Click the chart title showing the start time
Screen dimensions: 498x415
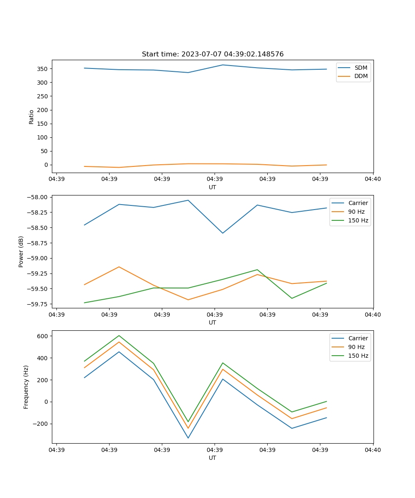coord(212,54)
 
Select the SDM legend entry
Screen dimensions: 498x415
coord(361,68)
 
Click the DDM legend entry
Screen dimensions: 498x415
coord(361,76)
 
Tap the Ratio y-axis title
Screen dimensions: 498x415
coord(32,117)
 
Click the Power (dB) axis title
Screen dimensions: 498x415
coord(21,251)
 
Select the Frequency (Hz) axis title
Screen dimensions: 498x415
coord(26,387)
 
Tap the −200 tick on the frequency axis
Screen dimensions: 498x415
coord(41,424)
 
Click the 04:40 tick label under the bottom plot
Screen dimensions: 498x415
coord(373,450)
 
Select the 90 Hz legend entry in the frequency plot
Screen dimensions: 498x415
coord(356,347)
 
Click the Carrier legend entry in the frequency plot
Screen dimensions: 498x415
coord(358,338)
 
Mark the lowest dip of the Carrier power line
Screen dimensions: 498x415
coord(223,233)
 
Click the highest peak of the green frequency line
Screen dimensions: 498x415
coord(119,335)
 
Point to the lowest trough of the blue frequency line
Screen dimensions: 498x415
coord(188,438)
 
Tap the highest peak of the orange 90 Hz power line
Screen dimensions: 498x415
coord(119,267)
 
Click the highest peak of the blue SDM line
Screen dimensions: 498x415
coord(223,65)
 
